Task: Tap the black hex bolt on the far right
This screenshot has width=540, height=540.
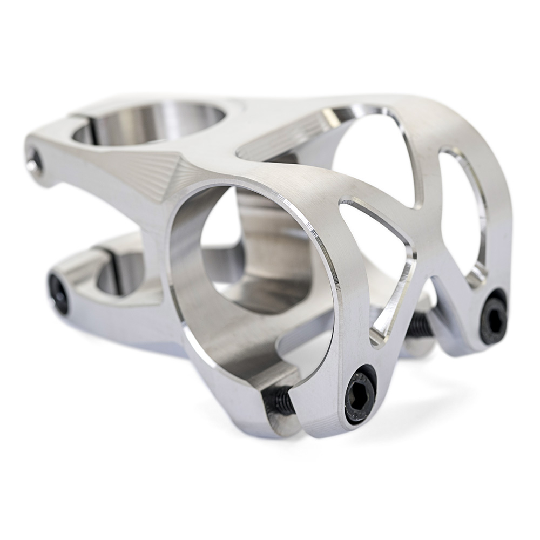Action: [493, 319]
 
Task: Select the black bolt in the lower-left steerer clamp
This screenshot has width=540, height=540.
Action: [58, 294]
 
